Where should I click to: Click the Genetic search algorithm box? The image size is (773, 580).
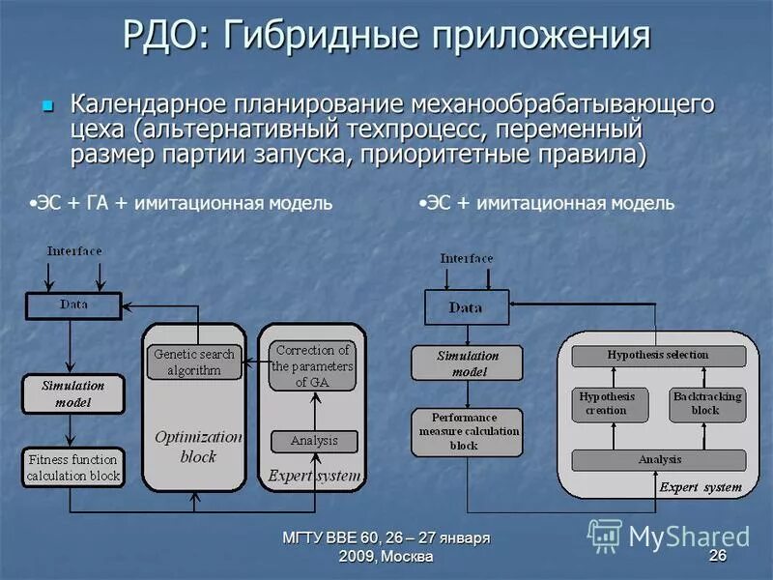194,362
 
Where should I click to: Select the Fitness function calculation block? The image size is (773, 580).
73,468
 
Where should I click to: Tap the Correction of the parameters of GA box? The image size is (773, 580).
311,365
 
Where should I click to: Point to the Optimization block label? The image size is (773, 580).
198,446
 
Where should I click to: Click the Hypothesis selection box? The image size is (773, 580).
658,355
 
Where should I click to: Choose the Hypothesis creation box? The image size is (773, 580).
607,404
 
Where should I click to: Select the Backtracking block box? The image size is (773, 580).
707,404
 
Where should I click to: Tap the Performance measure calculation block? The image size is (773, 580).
467,431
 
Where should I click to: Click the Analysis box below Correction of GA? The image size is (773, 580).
313,441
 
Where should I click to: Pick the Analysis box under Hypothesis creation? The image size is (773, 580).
659,460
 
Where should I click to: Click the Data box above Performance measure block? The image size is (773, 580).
467,307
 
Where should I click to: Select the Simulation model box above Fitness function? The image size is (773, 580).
72,393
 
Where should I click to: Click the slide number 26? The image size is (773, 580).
717,555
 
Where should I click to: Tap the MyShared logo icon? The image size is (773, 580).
605,535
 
